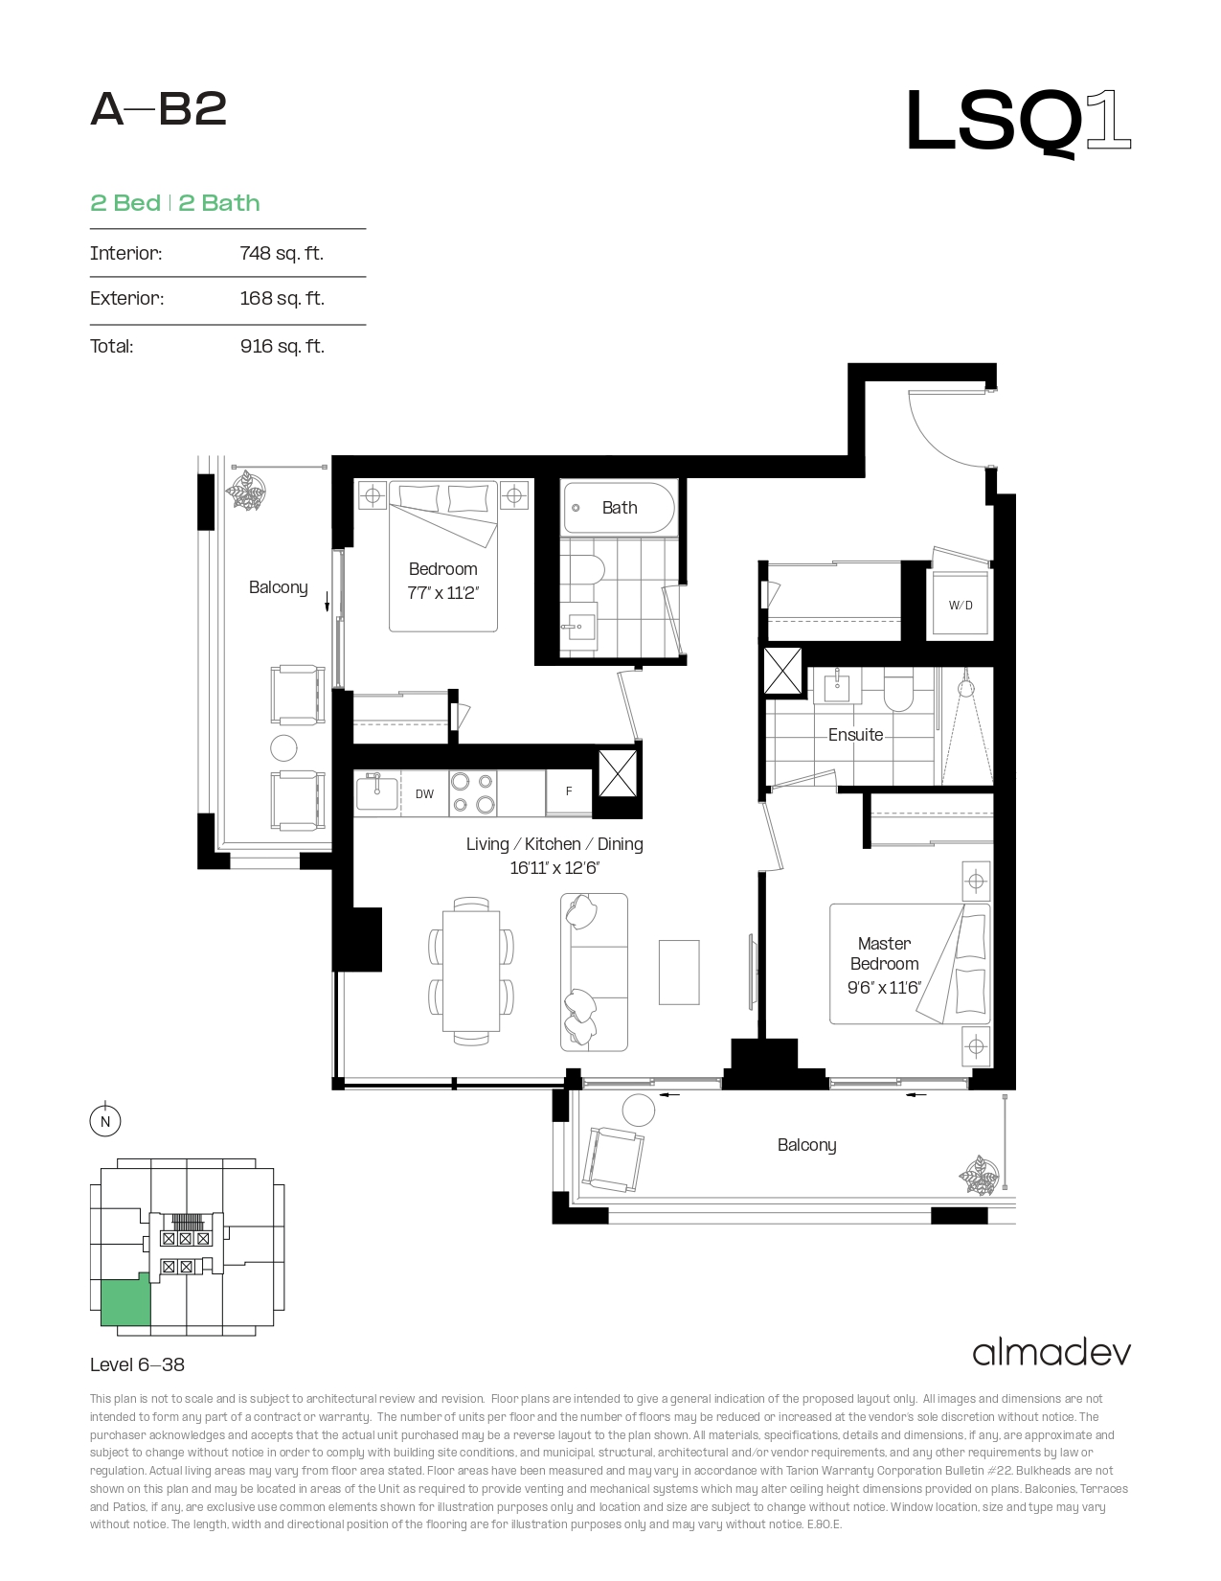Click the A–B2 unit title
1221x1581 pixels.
point(159,109)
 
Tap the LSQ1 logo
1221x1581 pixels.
point(1018,122)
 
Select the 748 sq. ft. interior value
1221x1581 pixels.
point(282,253)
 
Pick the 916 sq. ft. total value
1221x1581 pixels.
point(283,346)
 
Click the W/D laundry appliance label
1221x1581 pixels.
point(960,606)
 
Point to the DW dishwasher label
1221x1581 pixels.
point(424,793)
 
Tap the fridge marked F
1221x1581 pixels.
point(569,791)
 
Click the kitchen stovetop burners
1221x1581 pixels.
point(473,793)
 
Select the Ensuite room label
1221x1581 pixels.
point(855,735)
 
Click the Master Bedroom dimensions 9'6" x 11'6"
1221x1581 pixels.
point(884,987)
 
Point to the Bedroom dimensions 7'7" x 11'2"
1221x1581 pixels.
point(442,593)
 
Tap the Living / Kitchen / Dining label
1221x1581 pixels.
point(554,844)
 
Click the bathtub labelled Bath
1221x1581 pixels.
point(620,508)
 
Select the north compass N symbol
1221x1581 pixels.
point(104,1120)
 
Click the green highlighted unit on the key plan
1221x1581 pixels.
point(125,1301)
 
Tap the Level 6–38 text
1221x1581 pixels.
point(137,1364)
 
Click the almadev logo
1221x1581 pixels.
point(1051,1353)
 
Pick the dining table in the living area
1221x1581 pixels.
point(471,972)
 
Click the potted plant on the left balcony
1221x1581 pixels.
point(246,491)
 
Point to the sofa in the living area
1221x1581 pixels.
point(594,972)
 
